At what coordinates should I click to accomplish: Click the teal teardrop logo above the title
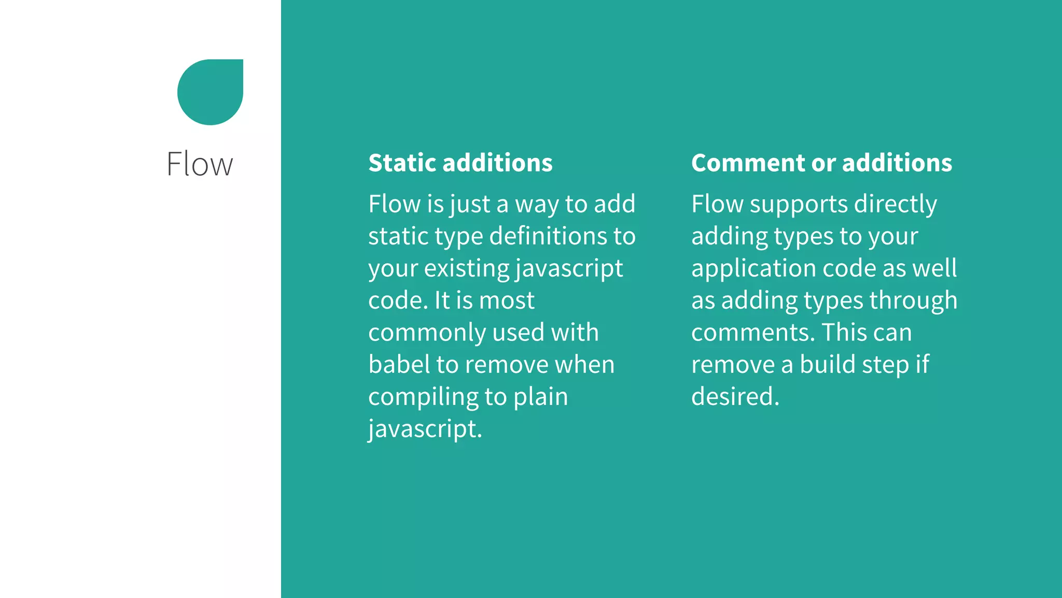click(210, 92)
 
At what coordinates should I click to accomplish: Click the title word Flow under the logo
click(200, 164)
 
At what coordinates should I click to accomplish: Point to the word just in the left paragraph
click(470, 204)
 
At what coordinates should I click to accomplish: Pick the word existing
click(467, 268)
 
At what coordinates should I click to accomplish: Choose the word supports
click(798, 204)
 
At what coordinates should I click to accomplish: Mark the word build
click(827, 364)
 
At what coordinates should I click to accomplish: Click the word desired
click(735, 397)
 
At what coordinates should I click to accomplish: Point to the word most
click(507, 301)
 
